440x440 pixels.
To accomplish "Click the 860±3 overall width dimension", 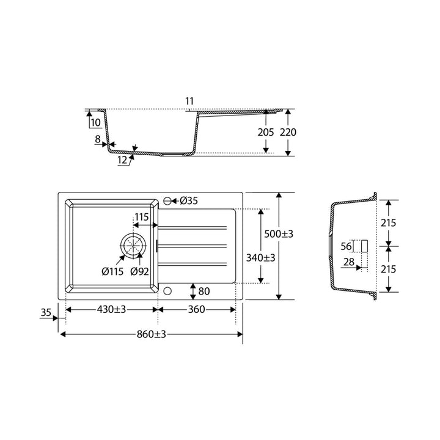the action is tap(152, 334).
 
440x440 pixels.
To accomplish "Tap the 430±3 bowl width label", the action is tap(111, 309).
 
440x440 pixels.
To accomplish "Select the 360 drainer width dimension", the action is tap(196, 309).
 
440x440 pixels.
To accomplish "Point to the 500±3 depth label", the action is tap(279, 233).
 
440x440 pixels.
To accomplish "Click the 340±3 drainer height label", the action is tap(261, 257).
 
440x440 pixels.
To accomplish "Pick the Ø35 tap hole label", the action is tap(189, 200).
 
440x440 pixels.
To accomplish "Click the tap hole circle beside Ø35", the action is tap(167, 201).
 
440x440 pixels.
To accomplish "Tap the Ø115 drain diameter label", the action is tap(112, 271).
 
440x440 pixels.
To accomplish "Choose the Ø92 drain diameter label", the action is tap(139, 271).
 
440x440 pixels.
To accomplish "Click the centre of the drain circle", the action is tap(133, 246).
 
